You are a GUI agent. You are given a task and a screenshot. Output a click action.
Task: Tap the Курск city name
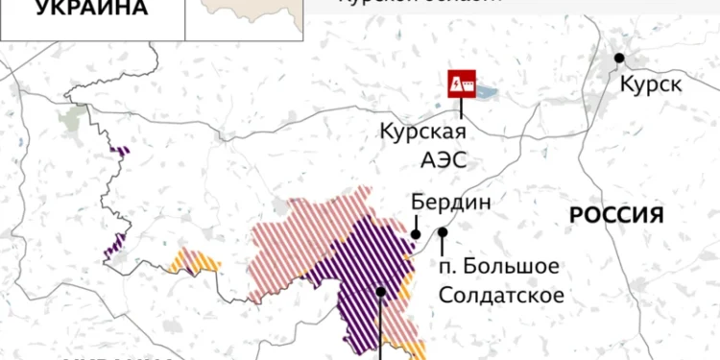point(651,84)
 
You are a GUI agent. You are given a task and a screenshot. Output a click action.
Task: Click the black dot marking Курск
point(619,58)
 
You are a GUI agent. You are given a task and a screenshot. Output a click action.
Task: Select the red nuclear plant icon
point(463,84)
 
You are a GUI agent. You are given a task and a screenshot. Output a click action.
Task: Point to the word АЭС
point(445,158)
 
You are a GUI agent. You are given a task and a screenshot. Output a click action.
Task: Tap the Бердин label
point(450,203)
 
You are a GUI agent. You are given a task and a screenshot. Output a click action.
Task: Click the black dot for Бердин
point(416,232)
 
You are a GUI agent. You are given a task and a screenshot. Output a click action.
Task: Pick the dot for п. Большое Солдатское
point(443,231)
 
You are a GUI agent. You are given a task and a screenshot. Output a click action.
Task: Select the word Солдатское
point(501,294)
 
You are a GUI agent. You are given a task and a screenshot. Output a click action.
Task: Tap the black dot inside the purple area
point(381,291)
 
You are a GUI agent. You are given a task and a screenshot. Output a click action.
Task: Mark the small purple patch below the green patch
point(122,150)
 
